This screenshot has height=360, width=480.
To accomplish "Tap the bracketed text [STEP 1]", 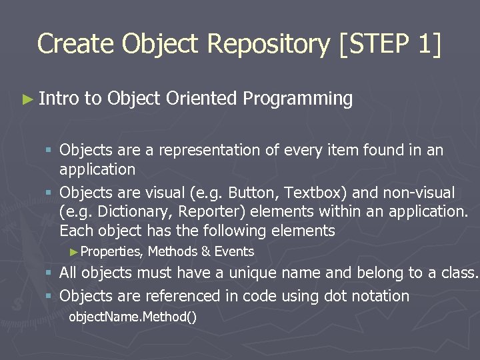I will tap(390, 44).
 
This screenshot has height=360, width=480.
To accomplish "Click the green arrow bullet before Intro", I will tap(26, 99).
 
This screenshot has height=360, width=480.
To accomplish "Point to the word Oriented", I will tap(201, 99).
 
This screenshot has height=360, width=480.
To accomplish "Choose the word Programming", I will tap(297, 99).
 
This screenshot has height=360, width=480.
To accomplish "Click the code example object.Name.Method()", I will tap(133, 316).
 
